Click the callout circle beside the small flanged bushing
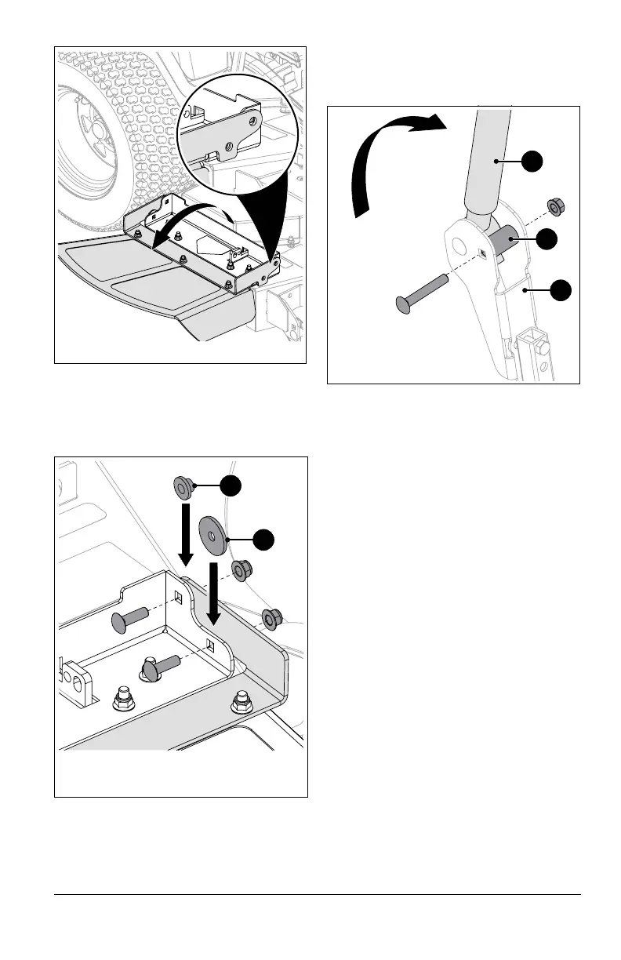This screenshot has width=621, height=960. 231,486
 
